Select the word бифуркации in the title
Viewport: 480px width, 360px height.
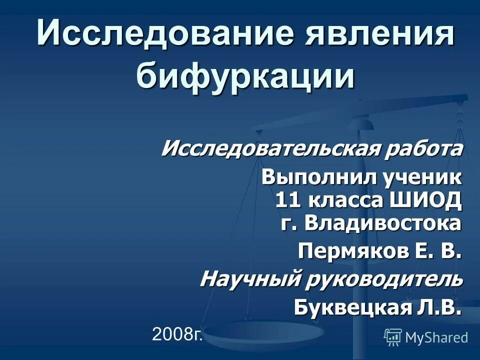click(245, 76)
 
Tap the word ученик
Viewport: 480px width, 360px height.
click(419, 177)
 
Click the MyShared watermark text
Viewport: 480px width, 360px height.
click(436, 337)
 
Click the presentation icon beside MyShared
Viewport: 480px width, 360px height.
click(393, 337)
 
